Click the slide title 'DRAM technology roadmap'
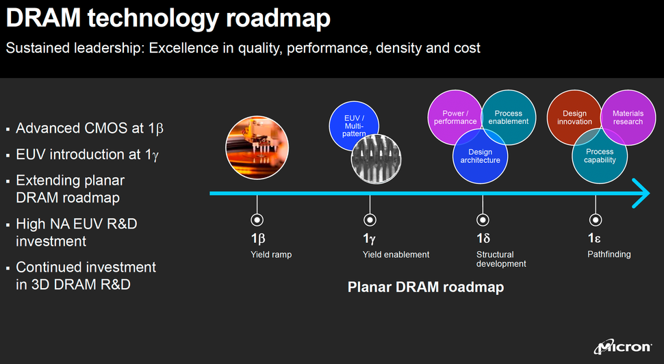pyautogui.click(x=168, y=18)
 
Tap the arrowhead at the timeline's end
pyautogui.click(x=641, y=193)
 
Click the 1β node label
pyautogui.click(x=257, y=239)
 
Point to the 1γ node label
pyautogui.click(x=370, y=239)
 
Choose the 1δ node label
pyautogui.click(x=483, y=239)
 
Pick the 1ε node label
pyautogui.click(x=594, y=239)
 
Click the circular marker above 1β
pyautogui.click(x=257, y=220)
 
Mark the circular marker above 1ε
pyautogui.click(x=596, y=220)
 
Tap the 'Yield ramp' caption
pyautogui.click(x=271, y=255)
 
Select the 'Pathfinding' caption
pyautogui.click(x=609, y=255)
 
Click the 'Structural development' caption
pyautogui.click(x=501, y=259)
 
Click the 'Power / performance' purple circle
pyautogui.click(x=454, y=117)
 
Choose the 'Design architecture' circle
pyautogui.click(x=480, y=156)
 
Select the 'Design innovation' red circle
pyautogui.click(x=574, y=117)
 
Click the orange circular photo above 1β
pyautogui.click(x=257, y=147)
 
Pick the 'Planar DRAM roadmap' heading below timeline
pyautogui.click(x=426, y=287)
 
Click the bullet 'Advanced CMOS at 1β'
pyautogui.click(x=89, y=129)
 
